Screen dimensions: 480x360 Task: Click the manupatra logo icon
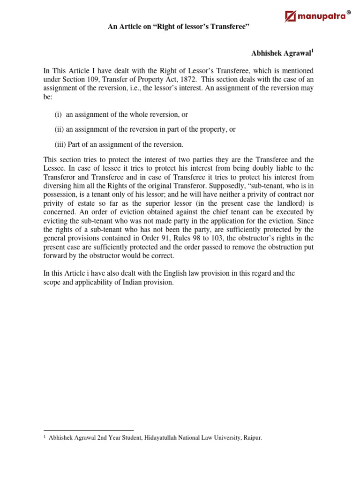pos(291,17)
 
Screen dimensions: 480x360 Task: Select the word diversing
pos(57,185)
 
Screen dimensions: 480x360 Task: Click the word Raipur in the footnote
pos(252,438)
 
